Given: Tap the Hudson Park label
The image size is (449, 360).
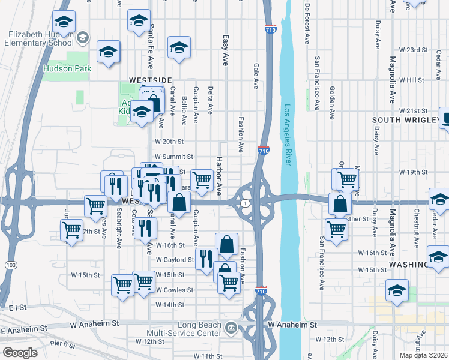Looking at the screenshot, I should (x=67, y=68).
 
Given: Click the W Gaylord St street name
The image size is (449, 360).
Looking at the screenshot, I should (x=175, y=260).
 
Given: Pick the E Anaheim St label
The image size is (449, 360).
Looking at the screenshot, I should (x=24, y=330).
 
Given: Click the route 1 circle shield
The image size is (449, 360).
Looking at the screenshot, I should (x=246, y=205).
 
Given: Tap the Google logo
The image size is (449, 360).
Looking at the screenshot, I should (x=20, y=353).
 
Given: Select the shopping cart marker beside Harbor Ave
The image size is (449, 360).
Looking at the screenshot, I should (x=202, y=179).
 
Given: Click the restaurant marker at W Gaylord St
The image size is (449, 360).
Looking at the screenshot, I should (x=206, y=259).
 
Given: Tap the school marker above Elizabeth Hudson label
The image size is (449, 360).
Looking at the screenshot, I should (x=64, y=22).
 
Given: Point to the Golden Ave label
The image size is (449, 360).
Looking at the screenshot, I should (x=331, y=102).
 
